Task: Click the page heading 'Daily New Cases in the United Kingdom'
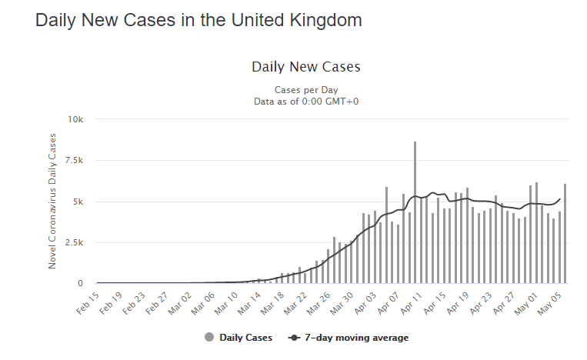pyautogui.click(x=198, y=21)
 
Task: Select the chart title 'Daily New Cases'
pyautogui.click(x=305, y=67)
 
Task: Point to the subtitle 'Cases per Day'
pyautogui.click(x=305, y=90)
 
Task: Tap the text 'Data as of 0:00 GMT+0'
pyautogui.click(x=305, y=101)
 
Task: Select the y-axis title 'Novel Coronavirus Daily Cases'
pyautogui.click(x=53, y=201)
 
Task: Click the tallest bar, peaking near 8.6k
pyautogui.click(x=415, y=212)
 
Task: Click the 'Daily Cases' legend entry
pyautogui.click(x=245, y=338)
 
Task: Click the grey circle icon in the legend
pyautogui.click(x=209, y=338)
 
